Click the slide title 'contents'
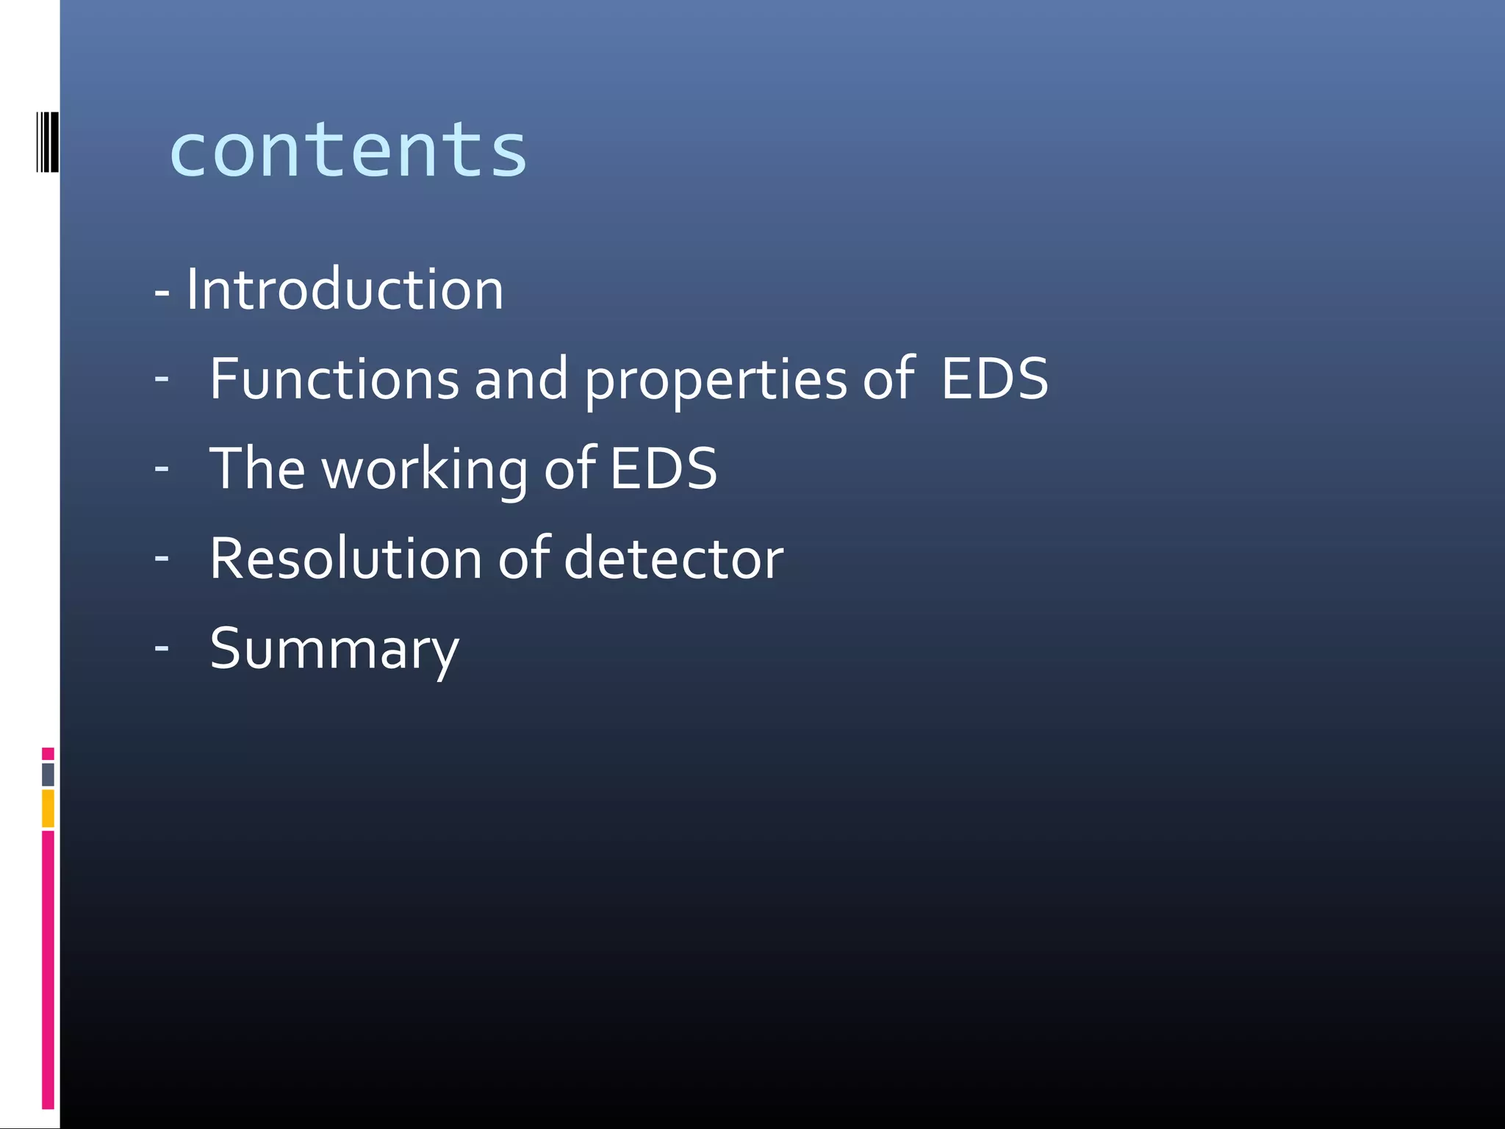click(348, 151)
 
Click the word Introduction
click(344, 290)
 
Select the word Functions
click(334, 379)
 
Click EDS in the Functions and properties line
click(994, 379)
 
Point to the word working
click(424, 470)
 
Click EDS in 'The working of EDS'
click(663, 468)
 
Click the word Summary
click(334, 650)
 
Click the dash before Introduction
click(162, 293)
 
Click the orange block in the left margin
click(48, 808)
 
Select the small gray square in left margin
click(48, 774)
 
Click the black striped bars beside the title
click(47, 142)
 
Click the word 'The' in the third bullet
click(257, 468)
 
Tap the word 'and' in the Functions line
click(521, 379)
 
